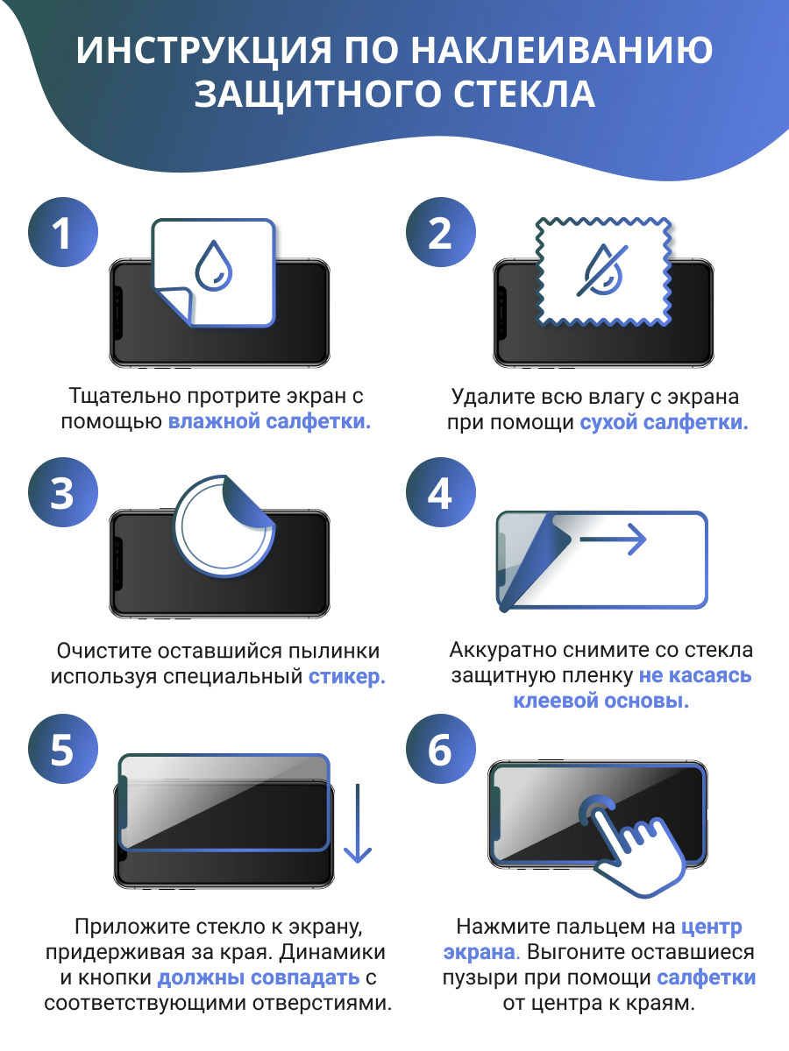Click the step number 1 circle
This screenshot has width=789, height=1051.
click(63, 232)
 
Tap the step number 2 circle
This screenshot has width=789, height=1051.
click(441, 232)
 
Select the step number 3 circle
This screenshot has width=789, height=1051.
click(63, 492)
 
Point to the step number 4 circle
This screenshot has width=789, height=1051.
click(441, 492)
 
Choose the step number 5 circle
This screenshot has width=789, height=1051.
click(63, 749)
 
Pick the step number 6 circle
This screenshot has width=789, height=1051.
click(441, 749)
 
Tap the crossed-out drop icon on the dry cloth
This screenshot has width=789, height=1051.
click(602, 270)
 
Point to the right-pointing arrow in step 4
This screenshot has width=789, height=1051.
click(613, 540)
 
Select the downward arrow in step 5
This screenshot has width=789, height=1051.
click(358, 823)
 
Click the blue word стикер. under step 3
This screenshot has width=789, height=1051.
click(347, 676)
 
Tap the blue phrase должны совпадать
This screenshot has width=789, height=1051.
click(259, 977)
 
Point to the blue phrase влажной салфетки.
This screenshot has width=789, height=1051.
click(269, 421)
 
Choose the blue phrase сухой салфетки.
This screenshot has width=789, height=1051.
click(664, 422)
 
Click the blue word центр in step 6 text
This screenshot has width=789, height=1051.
click(711, 927)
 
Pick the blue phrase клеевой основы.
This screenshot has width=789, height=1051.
click(601, 701)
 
